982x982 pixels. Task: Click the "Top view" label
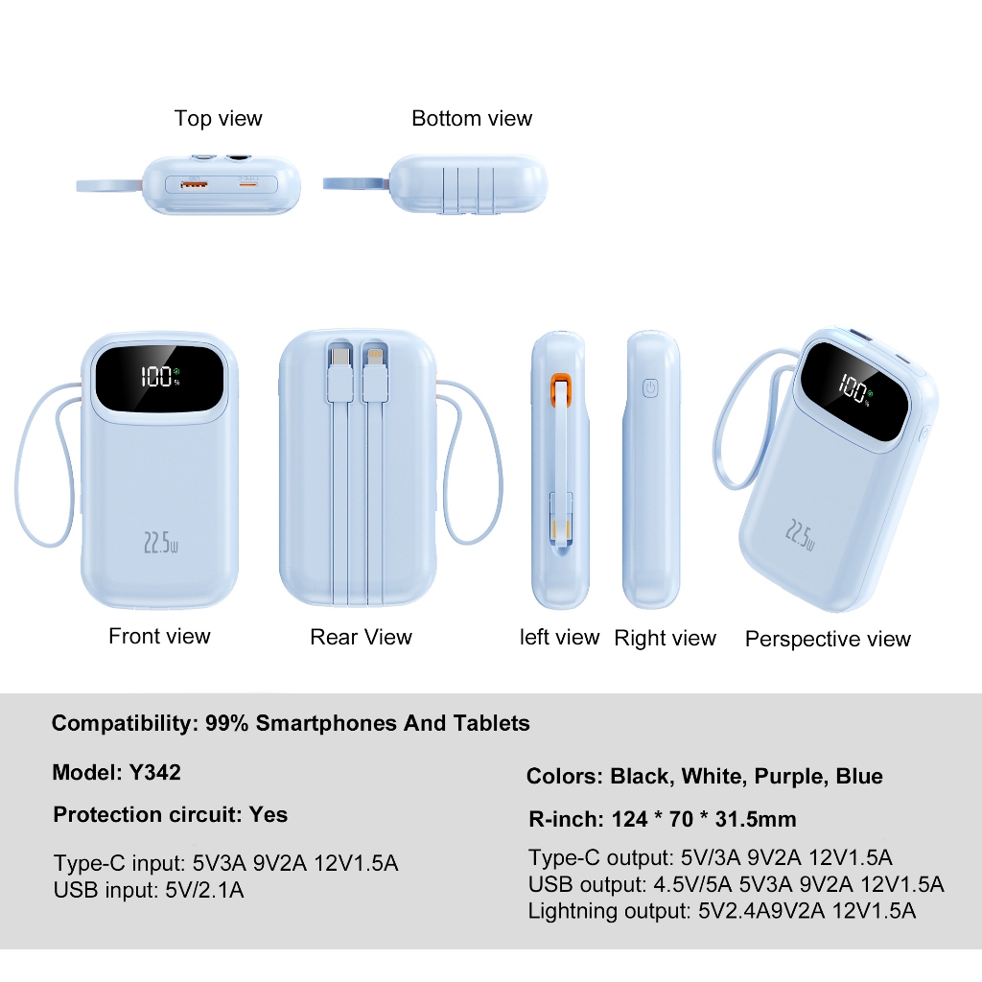pos(218,119)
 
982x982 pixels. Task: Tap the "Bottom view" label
pos(471,119)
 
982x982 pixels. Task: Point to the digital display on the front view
pos(159,377)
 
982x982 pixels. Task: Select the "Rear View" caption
pos(361,637)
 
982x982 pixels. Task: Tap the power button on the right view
pos(651,388)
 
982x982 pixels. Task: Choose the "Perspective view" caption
pos(828,640)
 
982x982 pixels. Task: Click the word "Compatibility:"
pos(125,723)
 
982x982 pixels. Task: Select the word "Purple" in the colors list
pos(789,777)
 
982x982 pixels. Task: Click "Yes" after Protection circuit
pos(269,815)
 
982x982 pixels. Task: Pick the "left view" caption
pos(559,638)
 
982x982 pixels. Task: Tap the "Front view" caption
pos(159,636)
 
